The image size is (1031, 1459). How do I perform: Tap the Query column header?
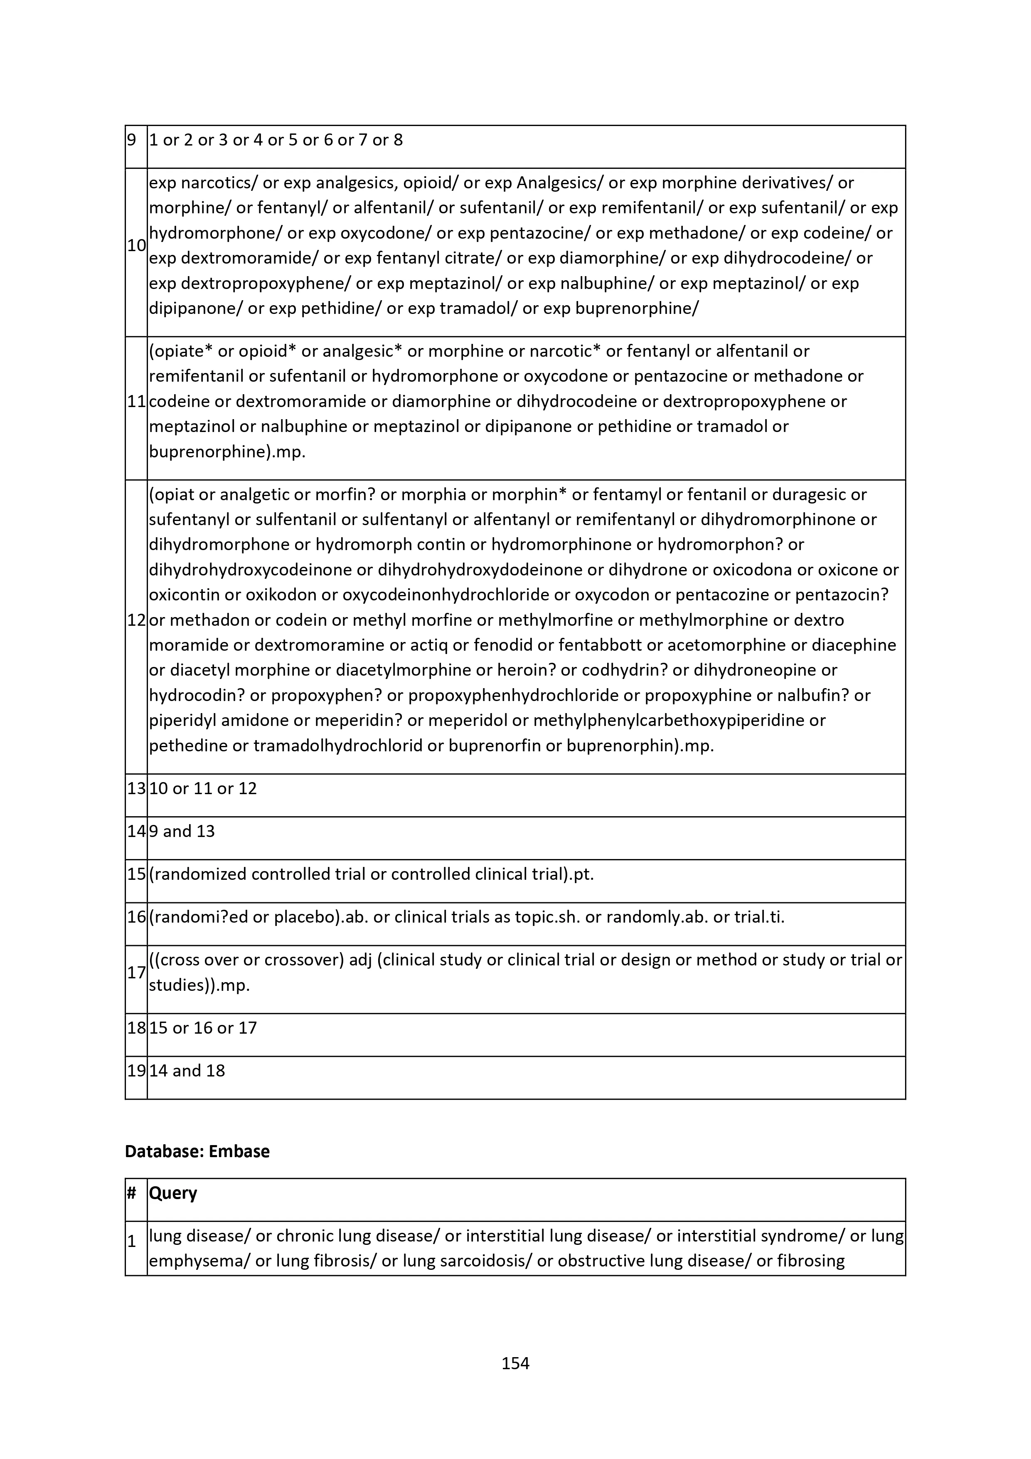coord(173,1193)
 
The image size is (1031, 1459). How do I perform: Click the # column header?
coord(131,1193)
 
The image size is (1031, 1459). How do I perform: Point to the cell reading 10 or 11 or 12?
coord(203,789)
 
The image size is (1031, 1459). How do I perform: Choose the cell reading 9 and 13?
coord(189,831)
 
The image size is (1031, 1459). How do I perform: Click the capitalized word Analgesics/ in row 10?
coord(560,183)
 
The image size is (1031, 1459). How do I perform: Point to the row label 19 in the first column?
coord(136,1071)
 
